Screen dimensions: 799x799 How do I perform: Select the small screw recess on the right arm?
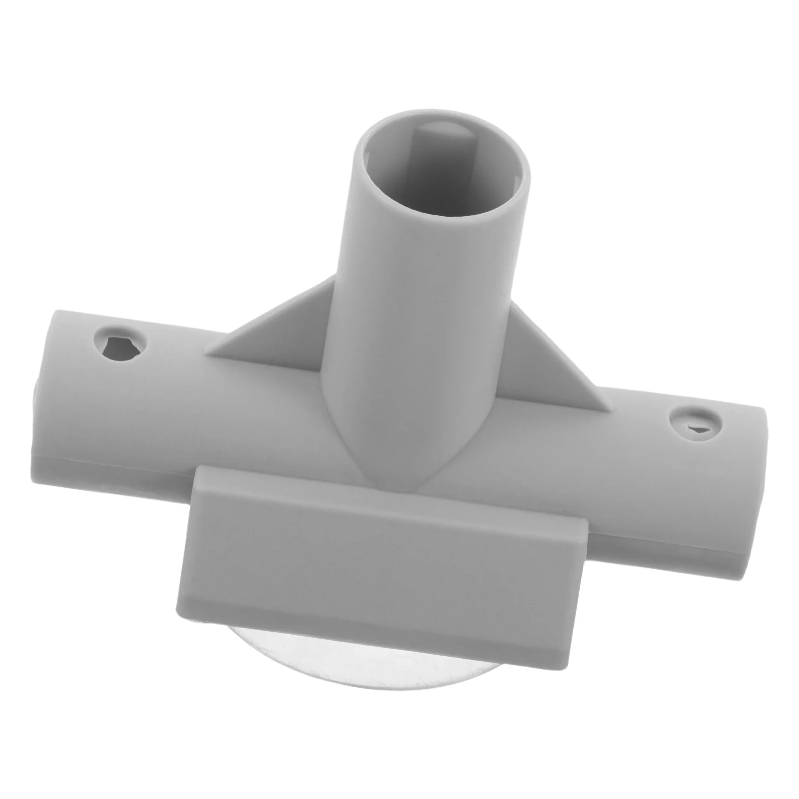[x=695, y=424]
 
